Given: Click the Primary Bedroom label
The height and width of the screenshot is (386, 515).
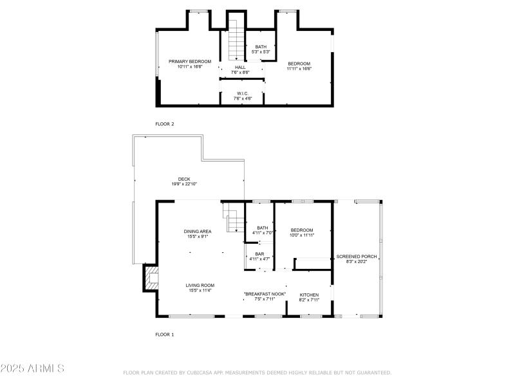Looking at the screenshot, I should pos(190,62).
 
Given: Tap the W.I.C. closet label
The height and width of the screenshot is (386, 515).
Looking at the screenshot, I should pos(243,93).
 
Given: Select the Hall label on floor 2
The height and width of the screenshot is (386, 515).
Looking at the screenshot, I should pos(240,68).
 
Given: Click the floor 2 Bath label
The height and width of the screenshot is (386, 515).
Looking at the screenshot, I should pos(261,47).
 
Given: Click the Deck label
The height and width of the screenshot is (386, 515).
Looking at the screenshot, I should pos(184,179).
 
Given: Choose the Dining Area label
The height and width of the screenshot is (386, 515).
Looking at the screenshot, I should pos(198,232).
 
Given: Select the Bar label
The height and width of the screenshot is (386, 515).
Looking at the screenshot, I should pos(259,254).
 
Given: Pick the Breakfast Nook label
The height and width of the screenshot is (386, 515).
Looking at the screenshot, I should pos(264,294).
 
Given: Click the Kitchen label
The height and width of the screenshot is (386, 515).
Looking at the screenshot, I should pos(309,295).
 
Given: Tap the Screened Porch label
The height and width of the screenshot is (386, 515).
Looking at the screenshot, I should pos(357,257).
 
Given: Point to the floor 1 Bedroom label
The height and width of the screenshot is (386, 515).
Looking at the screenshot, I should pos(301,230).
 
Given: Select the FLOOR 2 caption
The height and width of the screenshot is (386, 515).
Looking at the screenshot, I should pos(165,124).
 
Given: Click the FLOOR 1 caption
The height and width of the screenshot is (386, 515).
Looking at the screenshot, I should pos(165,335).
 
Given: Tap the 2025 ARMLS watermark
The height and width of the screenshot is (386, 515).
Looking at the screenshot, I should pos(32,369).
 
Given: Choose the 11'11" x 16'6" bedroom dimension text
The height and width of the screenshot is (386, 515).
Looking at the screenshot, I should pos(299,68).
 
